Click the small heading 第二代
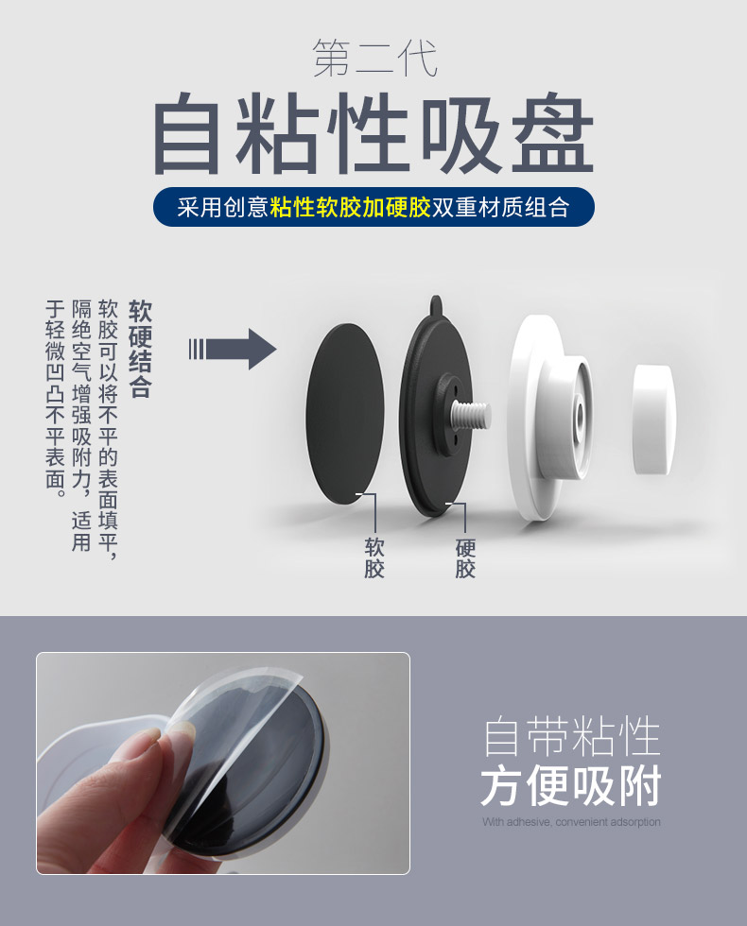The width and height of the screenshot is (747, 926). coord(375,59)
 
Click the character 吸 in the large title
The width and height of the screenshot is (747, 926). coord(462,133)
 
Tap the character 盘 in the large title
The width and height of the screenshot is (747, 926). coord(552,133)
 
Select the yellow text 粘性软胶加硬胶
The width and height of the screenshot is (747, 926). coord(351,207)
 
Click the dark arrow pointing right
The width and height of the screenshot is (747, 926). coord(233,349)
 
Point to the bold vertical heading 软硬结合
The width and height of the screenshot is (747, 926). coord(141,349)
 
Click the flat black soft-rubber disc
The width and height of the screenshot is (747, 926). coord(344,414)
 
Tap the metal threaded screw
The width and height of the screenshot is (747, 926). coord(471,415)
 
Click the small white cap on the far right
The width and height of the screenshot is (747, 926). coord(653,420)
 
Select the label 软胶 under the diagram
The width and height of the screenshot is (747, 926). coord(374,557)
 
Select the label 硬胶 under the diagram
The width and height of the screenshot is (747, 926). coord(465,557)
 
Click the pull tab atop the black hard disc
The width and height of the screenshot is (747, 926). coord(436,303)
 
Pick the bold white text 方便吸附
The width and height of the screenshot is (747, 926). coord(571,786)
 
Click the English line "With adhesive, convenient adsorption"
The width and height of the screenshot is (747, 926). coord(571,821)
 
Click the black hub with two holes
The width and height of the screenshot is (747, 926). coord(448,415)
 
